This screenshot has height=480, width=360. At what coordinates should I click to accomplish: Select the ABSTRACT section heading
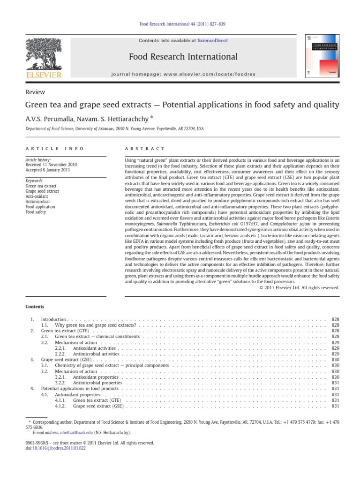click(144, 149)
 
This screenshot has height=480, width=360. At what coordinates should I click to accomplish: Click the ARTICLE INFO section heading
click(54, 149)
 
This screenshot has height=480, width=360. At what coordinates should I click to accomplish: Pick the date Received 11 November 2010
click(51, 165)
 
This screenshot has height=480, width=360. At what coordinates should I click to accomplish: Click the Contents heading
click(35, 307)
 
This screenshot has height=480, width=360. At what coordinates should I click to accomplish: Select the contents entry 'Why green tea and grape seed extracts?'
click(95, 325)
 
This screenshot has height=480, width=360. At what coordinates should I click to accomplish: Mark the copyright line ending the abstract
click(299, 287)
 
